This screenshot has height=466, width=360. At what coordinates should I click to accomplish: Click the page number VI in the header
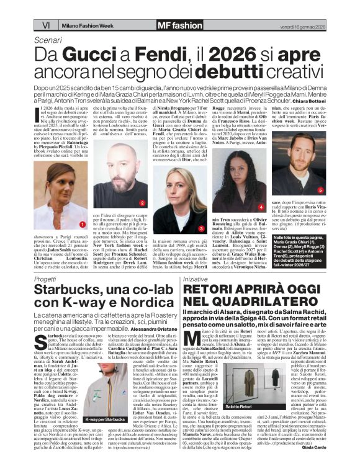click(46, 25)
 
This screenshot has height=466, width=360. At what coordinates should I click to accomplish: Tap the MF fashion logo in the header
click(179, 25)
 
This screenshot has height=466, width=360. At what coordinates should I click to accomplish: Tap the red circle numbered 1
click(82, 223)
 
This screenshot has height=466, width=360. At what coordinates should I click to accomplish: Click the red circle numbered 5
click(321, 190)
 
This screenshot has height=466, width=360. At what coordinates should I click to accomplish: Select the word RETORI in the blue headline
click(210, 291)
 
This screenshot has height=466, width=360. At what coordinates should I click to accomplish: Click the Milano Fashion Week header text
click(86, 25)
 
